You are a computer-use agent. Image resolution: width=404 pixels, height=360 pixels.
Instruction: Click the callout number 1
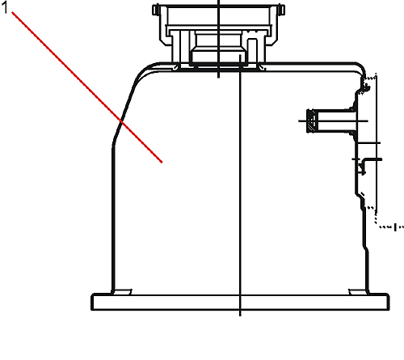click(x=5, y=8)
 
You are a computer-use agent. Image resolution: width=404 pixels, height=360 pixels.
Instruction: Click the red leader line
click(x=86, y=87)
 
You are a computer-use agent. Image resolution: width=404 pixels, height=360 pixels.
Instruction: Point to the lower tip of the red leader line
click(x=162, y=163)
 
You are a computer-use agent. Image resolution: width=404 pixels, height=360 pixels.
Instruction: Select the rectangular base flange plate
click(x=240, y=302)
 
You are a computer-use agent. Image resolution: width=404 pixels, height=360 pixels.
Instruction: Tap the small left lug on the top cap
click(x=156, y=10)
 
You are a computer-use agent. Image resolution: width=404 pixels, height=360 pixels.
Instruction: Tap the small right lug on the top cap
click(x=282, y=10)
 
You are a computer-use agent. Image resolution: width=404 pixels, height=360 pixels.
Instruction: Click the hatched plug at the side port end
click(x=313, y=121)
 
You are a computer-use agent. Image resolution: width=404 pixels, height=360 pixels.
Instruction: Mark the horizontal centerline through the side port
click(x=333, y=121)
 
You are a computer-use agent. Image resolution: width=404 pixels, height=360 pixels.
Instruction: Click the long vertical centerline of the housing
click(x=240, y=185)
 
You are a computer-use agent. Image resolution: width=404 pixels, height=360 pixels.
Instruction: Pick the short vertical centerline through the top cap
click(x=218, y=39)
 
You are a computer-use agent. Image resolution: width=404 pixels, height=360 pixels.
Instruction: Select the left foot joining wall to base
click(x=122, y=292)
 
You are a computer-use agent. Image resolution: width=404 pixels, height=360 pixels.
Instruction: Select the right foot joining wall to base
click(x=358, y=292)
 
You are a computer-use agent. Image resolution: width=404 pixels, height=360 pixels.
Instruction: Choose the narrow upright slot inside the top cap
click(x=252, y=51)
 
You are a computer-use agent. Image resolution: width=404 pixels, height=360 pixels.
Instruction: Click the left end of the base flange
click(x=92, y=302)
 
